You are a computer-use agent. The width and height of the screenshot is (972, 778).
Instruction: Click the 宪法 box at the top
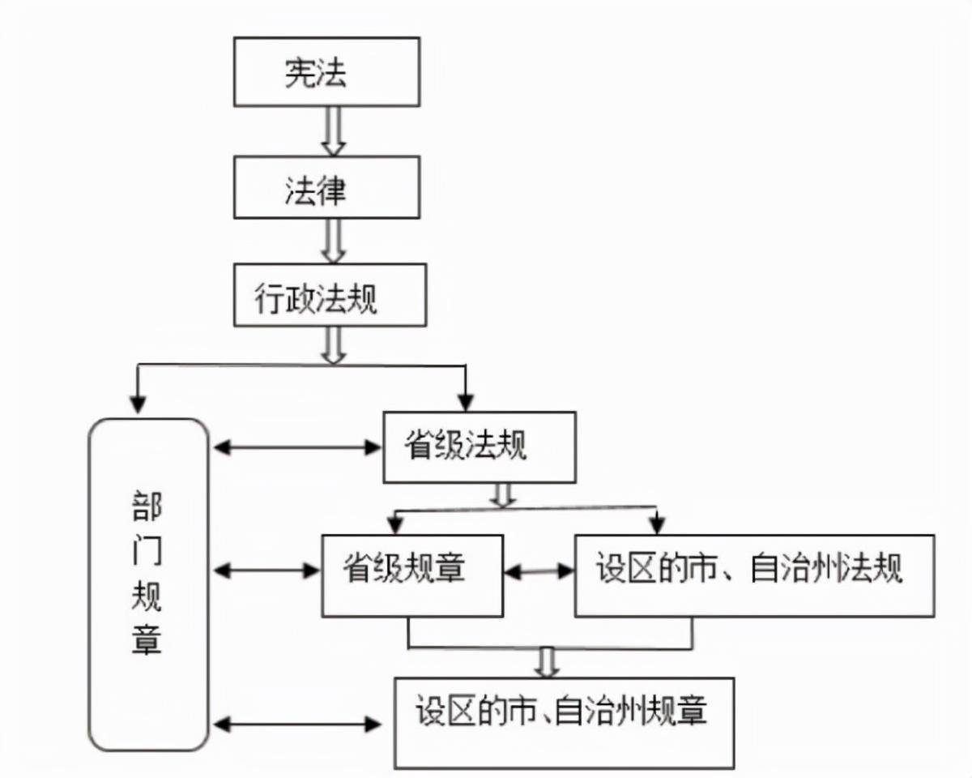point(326,72)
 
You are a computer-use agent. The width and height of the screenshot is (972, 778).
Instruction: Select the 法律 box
point(326,187)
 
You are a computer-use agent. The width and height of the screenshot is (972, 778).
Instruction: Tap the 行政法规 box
point(330,295)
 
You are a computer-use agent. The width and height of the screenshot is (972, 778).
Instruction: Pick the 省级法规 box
point(479,447)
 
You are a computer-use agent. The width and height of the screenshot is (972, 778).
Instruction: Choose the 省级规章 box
point(412,575)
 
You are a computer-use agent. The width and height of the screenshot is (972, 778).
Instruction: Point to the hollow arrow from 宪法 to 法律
point(333,131)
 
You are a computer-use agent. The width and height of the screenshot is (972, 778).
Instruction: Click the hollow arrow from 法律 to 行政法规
point(333,241)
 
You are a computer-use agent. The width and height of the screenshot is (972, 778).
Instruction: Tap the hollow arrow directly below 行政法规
point(333,347)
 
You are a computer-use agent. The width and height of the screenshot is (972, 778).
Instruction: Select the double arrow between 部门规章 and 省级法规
point(296,446)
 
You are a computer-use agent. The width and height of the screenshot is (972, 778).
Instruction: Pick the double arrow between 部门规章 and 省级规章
point(268,571)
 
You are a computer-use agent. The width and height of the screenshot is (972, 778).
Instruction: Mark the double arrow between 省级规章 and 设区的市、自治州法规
point(539,571)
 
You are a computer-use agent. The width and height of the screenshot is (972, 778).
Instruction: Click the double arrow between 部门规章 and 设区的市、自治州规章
point(296,723)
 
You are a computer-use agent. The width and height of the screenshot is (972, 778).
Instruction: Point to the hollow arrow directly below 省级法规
point(504,495)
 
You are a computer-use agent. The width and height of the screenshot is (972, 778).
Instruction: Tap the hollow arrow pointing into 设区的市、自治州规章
point(548,662)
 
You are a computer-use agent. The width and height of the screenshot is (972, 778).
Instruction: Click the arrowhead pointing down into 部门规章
point(139,401)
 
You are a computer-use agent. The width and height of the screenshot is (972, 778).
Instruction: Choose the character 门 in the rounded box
point(147,554)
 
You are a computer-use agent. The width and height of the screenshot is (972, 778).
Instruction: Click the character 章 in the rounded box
point(147,639)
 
